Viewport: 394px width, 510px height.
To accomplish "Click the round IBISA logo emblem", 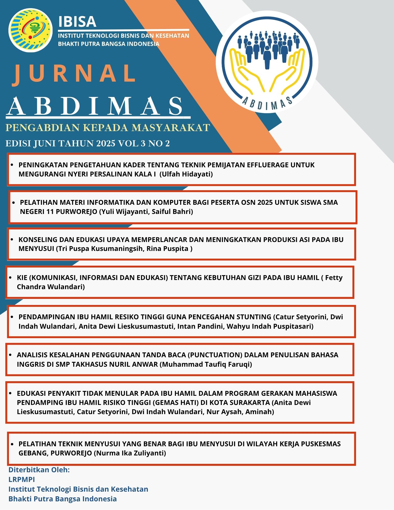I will [x=30, y=30].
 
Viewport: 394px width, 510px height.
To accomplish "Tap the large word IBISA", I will [x=77, y=22].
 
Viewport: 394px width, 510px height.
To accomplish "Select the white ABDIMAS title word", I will [x=95, y=107].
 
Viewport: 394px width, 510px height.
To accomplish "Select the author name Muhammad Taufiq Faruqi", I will [x=206, y=364].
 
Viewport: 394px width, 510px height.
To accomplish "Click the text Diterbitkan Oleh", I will [x=39, y=470].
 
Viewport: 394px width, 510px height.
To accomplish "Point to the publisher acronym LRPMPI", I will [x=22, y=480].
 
